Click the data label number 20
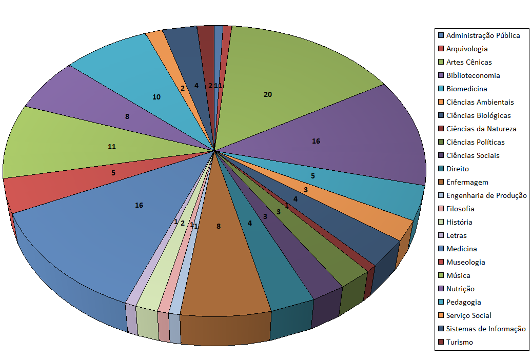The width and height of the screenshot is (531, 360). [268, 94]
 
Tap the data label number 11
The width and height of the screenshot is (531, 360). [112, 147]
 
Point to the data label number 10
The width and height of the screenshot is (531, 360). [156, 97]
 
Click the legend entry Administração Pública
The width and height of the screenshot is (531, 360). [483, 35]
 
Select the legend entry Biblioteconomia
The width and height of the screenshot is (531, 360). [473, 75]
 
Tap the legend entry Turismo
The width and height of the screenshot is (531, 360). [459, 342]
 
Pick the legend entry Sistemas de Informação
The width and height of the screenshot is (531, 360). [486, 329]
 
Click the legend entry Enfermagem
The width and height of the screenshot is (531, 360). [467, 182]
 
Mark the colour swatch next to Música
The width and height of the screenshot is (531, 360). [441, 275]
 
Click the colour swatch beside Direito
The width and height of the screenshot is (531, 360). [441, 169]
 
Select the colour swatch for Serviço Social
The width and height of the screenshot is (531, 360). [441, 315]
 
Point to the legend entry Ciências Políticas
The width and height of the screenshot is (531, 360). [475, 142]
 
